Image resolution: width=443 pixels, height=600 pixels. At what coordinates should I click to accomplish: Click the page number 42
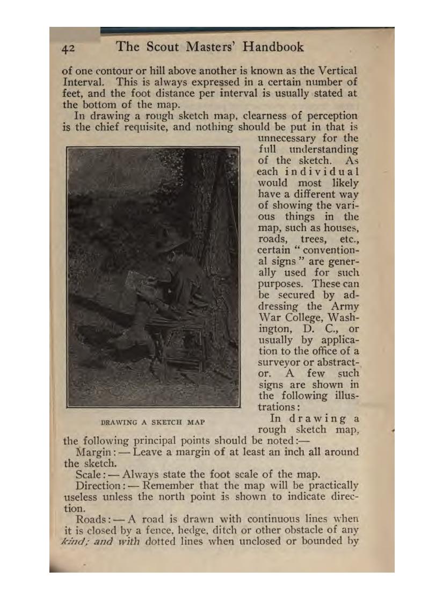tap(68, 48)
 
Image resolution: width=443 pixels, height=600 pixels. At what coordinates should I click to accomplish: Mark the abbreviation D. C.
tap(316, 329)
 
